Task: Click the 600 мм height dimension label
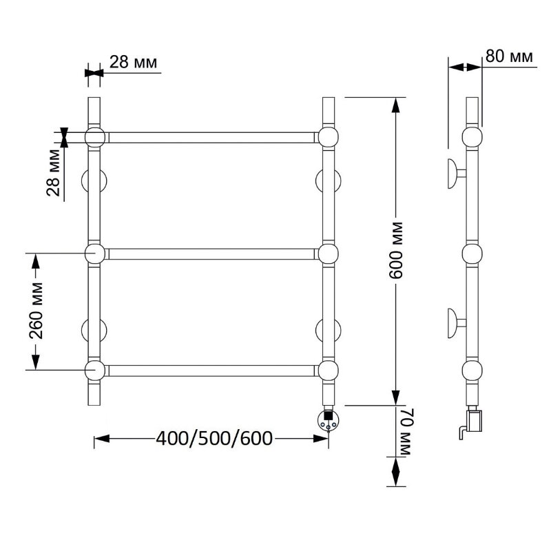pyautogui.click(x=396, y=250)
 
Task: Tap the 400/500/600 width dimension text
pyautogui.click(x=214, y=438)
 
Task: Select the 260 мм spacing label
pyautogui.click(x=36, y=311)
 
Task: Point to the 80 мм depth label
pyautogui.click(x=509, y=56)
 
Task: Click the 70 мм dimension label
pyautogui.click(x=404, y=432)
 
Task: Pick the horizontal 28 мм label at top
pyautogui.click(x=133, y=62)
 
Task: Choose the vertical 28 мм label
pyautogui.click(x=54, y=173)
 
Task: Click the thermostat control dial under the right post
pyautogui.click(x=329, y=419)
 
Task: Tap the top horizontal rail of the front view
pyautogui.click(x=211, y=137)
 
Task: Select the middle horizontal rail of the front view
pyautogui.click(x=211, y=253)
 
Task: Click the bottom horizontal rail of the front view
pyautogui.click(x=211, y=371)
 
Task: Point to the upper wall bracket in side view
pyautogui.click(x=456, y=174)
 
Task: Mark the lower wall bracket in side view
pyautogui.click(x=456, y=323)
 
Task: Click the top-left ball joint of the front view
pyautogui.click(x=95, y=137)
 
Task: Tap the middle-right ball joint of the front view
pyautogui.click(x=329, y=253)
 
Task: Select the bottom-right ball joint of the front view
pyautogui.click(x=329, y=371)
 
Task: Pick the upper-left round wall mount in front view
pyautogui.click(x=94, y=181)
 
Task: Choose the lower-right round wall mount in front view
pyautogui.click(x=329, y=331)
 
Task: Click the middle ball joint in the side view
pyautogui.click(x=472, y=253)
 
